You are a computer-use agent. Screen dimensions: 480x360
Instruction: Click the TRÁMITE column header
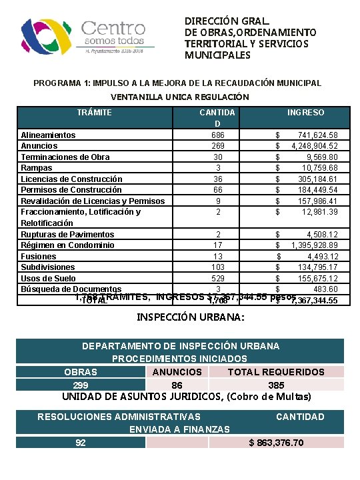94,113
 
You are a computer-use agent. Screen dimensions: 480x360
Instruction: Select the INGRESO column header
306,113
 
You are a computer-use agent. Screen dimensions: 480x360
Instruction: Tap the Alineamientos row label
48,135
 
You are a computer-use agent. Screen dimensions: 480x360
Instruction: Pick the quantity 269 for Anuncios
217,146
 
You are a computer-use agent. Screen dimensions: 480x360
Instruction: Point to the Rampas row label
37,168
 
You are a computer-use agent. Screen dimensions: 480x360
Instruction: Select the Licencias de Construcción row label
71,179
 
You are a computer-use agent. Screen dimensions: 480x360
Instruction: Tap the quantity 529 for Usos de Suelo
217,279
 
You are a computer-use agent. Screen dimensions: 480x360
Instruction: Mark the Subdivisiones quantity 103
217,267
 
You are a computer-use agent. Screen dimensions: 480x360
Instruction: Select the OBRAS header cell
80,372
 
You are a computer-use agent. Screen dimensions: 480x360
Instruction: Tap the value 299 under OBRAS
80,385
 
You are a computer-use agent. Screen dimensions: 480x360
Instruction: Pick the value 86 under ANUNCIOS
177,385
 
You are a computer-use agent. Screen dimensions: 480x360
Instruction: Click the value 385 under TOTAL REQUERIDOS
276,385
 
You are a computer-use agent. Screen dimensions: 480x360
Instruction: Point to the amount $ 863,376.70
276,443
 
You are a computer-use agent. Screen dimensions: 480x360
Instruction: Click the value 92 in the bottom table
81,443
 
